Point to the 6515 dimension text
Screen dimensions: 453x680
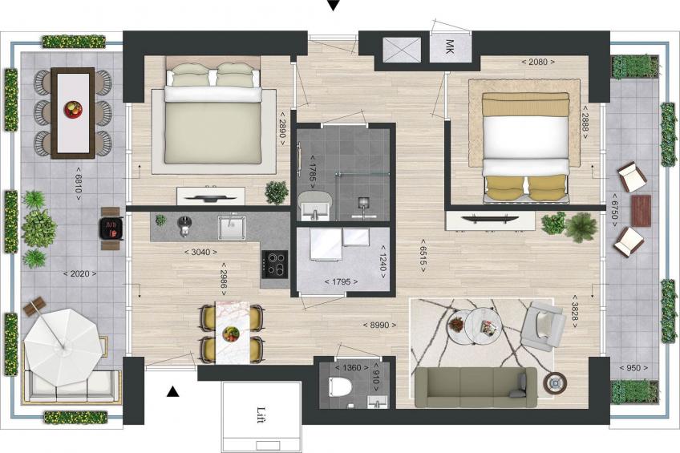[423, 258]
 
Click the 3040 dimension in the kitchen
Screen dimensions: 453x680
[198, 253]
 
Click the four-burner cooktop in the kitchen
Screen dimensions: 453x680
[277, 263]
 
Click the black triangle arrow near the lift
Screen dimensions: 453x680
[172, 390]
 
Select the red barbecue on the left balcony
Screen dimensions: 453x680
[111, 227]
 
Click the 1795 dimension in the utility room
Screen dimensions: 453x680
[340, 281]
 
